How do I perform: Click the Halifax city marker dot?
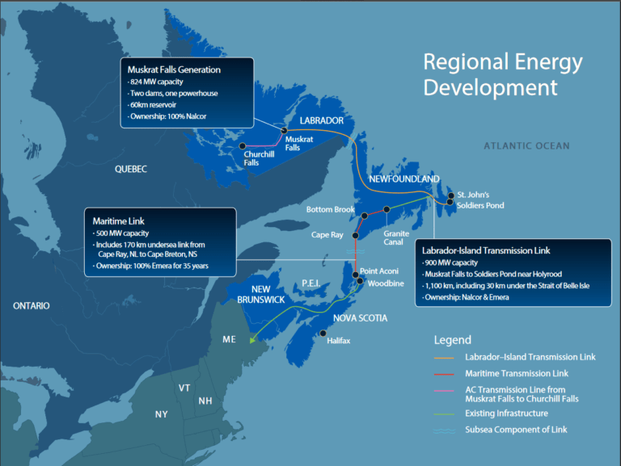(x=323, y=333)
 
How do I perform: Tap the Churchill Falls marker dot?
(x=243, y=145)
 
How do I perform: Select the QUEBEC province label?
(x=131, y=169)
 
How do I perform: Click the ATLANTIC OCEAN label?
(x=526, y=146)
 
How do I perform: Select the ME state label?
(x=230, y=339)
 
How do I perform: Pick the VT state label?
(x=184, y=388)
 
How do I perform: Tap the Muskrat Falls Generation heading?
(x=174, y=69)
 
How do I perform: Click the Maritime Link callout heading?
(x=119, y=220)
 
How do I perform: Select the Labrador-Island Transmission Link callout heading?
(x=496, y=250)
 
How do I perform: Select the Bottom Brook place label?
(x=331, y=210)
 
